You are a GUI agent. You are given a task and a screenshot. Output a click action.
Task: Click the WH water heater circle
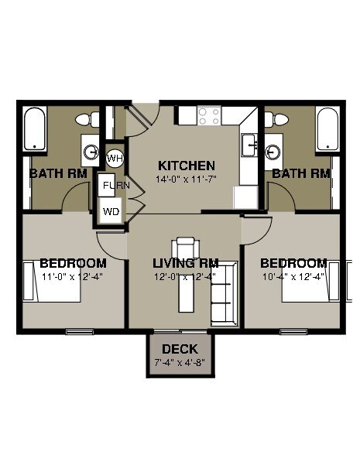(115, 158)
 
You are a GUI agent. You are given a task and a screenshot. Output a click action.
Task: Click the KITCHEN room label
(186, 166)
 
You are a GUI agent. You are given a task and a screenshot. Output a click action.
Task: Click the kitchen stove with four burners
(208, 116)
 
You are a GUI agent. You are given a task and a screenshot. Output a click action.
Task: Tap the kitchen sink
(249, 144)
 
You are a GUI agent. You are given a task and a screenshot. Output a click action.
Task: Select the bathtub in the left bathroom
(36, 129)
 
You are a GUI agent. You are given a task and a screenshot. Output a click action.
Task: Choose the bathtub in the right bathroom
(327, 129)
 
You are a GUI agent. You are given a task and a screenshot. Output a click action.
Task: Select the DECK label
(180, 350)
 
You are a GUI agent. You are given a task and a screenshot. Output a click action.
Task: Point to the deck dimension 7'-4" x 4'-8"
(180, 362)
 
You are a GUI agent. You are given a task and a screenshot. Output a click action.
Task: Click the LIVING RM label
(185, 263)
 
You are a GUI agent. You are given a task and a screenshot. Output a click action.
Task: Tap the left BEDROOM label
(73, 263)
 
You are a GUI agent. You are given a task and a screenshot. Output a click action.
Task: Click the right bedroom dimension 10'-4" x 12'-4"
(293, 276)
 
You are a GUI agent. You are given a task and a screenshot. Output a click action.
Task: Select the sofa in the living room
(221, 303)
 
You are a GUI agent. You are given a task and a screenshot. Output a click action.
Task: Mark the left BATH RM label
(58, 173)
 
